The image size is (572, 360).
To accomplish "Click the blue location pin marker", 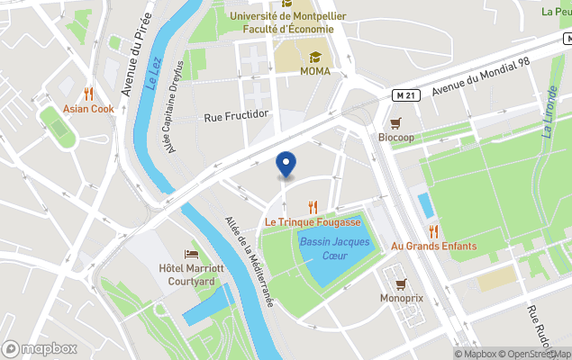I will coord(286,165).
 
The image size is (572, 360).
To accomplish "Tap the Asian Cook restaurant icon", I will coord(88,94).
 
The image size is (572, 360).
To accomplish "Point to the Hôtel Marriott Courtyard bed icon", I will coord(191,255).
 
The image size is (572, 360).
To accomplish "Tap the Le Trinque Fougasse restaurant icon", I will coord(313,206).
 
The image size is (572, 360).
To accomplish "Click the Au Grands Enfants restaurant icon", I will coord(433,231).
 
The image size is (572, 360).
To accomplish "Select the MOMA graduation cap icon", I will coord(315,57).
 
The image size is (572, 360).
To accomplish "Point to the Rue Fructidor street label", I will coord(237,115).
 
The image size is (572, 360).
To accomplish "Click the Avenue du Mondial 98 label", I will coord(480,78).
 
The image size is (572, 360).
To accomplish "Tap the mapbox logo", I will coord(40,348).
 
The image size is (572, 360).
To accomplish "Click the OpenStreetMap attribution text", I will coord(535,354).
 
